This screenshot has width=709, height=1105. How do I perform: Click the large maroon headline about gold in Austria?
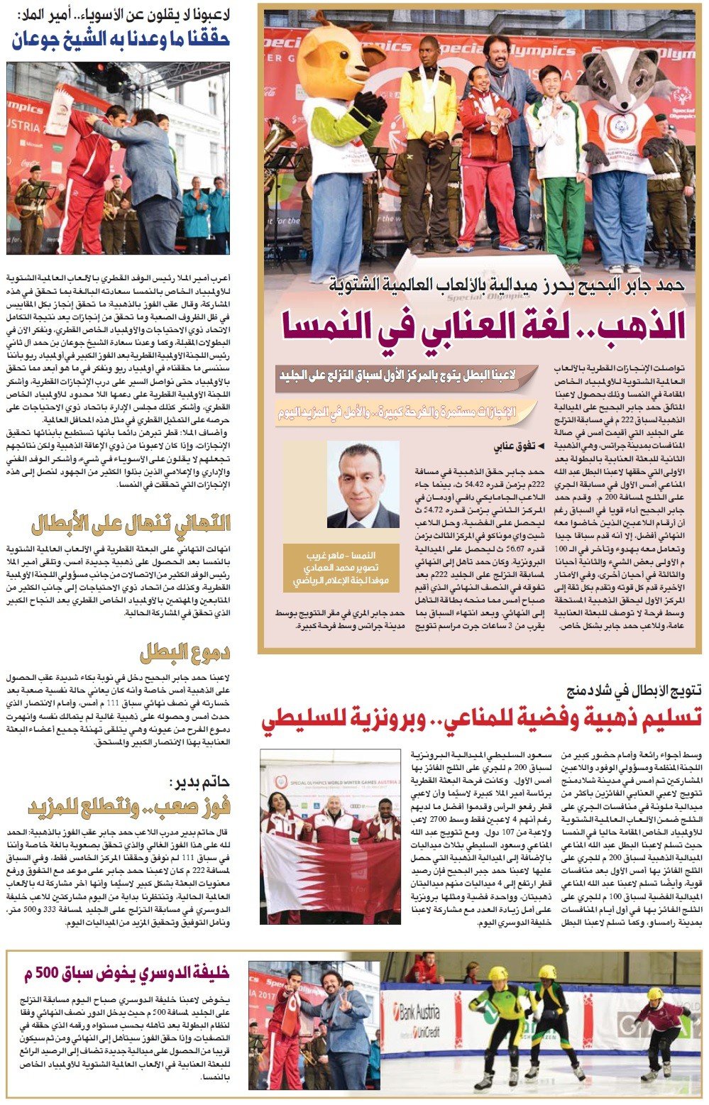(483, 324)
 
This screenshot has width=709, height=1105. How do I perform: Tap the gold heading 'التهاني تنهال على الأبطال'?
(131, 524)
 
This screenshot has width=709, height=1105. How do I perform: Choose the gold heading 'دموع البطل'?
(185, 652)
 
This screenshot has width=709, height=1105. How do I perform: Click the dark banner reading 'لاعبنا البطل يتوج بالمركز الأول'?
(397, 375)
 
